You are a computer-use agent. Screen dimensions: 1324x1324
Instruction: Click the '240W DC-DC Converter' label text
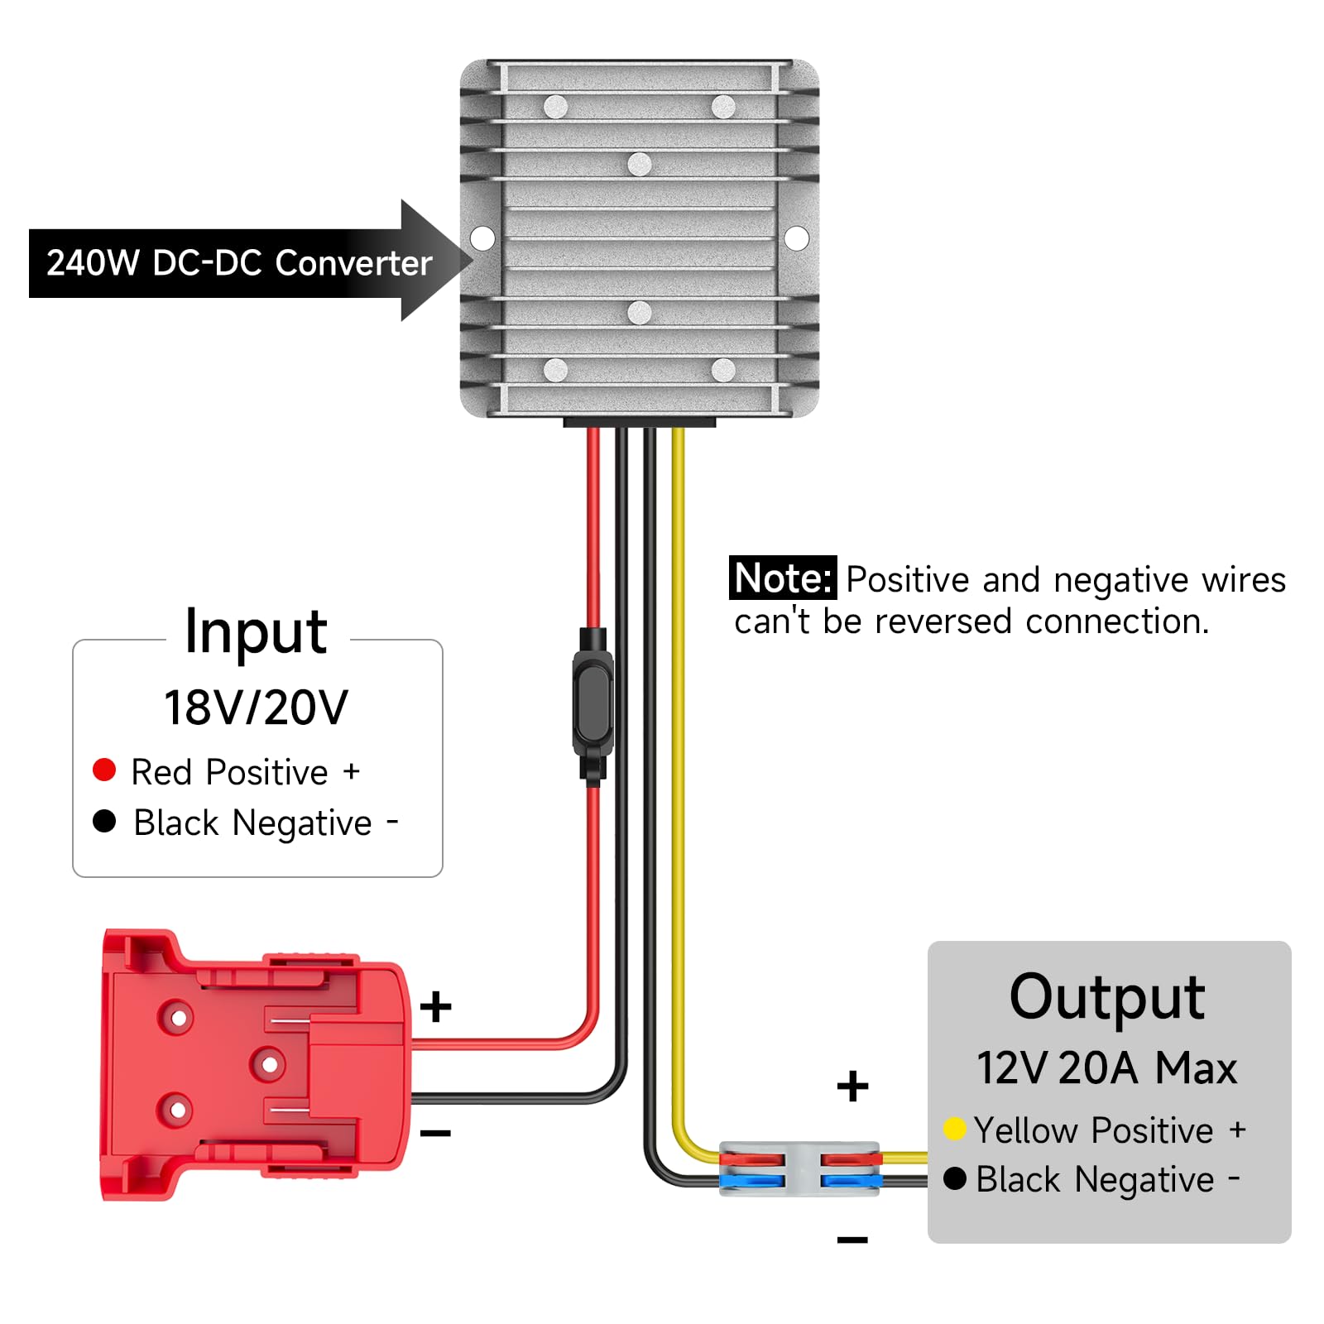(x=239, y=263)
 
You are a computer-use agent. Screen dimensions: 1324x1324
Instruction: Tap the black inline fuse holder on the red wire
(x=592, y=703)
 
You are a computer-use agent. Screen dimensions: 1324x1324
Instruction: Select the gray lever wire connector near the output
(x=801, y=1168)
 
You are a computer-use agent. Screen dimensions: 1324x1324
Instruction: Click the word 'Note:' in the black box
(x=782, y=578)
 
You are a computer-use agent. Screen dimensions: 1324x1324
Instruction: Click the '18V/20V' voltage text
(x=256, y=708)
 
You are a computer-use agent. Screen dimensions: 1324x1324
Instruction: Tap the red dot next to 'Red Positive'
(x=104, y=770)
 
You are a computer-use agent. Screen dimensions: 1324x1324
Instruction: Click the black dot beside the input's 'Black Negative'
(x=104, y=821)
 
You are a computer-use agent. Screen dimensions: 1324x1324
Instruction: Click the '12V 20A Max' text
(x=1106, y=1068)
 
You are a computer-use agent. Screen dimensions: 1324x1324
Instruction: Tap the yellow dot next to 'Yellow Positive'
(x=954, y=1129)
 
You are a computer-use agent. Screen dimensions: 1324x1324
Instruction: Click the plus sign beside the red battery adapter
(x=435, y=1007)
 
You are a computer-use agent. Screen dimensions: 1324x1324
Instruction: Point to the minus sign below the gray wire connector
(x=852, y=1239)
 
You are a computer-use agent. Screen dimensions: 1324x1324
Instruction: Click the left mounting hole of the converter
(x=482, y=238)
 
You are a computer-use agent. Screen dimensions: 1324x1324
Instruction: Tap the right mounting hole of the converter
(x=796, y=238)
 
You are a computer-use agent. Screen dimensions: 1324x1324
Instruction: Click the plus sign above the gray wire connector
(x=852, y=1087)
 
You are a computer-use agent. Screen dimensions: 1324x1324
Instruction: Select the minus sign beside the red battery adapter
(x=435, y=1133)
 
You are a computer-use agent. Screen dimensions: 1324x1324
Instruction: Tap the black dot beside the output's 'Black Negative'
(x=954, y=1178)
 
